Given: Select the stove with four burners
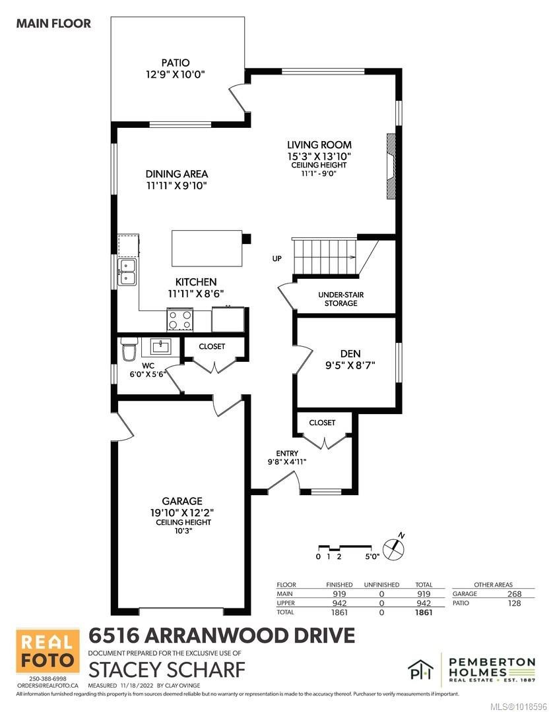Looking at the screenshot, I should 179,320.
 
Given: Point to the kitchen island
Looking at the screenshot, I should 207,247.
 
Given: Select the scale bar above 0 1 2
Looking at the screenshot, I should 344,547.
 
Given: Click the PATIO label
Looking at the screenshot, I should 178,63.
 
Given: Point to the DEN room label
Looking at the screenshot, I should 350,353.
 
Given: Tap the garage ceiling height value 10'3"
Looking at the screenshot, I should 174,531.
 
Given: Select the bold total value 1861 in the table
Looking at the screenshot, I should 423,612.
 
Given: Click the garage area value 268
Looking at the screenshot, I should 514,594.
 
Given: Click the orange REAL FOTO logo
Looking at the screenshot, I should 44,654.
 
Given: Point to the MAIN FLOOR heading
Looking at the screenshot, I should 53,24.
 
